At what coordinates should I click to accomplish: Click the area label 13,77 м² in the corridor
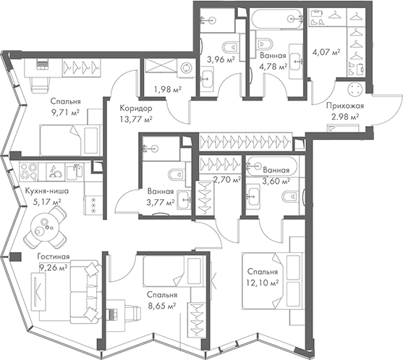click(135, 120)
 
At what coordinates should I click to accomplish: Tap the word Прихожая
click(344, 106)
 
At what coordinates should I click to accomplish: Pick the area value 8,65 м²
click(161, 306)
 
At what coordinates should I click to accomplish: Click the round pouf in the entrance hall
click(356, 90)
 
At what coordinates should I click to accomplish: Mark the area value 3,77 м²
click(159, 202)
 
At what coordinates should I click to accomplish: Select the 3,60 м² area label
click(276, 183)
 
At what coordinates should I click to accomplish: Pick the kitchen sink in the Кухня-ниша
click(73, 170)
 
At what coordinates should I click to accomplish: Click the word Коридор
click(135, 108)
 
